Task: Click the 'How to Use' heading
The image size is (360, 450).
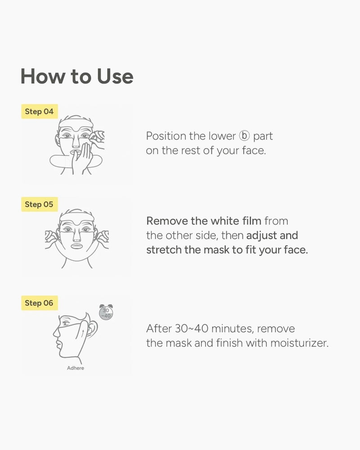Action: click(77, 76)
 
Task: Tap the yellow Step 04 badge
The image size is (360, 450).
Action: click(40, 111)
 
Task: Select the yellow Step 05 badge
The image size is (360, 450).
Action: click(40, 204)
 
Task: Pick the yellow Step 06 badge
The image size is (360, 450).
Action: click(40, 303)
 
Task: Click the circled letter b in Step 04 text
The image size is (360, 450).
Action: click(244, 136)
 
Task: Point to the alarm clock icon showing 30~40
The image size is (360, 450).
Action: click(106, 312)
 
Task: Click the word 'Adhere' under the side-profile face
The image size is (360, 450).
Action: click(76, 368)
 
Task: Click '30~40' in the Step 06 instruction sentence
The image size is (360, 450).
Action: click(192, 328)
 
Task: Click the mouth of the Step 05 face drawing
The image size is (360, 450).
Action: click(76, 246)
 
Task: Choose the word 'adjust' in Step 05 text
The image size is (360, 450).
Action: click(261, 236)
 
